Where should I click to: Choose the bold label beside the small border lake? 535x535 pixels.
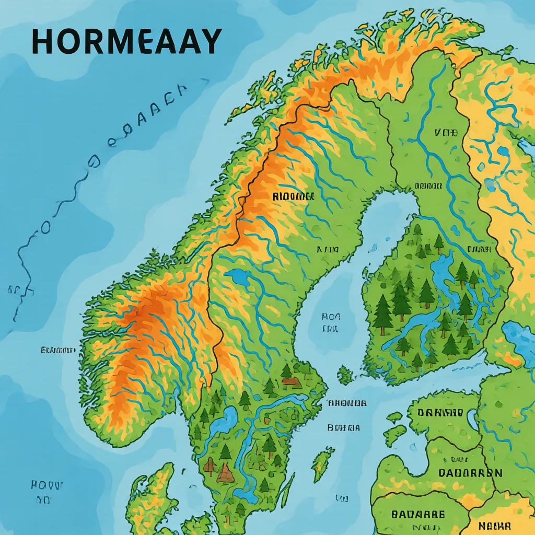(440, 413)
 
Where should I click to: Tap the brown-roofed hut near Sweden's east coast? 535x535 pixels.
(291, 382)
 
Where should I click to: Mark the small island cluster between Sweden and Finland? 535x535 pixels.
(344, 375)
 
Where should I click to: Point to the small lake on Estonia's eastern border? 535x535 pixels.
(472, 418)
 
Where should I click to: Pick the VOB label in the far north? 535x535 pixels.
(445, 133)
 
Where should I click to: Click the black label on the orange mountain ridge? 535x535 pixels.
(293, 196)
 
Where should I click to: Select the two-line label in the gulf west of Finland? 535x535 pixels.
(330, 322)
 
